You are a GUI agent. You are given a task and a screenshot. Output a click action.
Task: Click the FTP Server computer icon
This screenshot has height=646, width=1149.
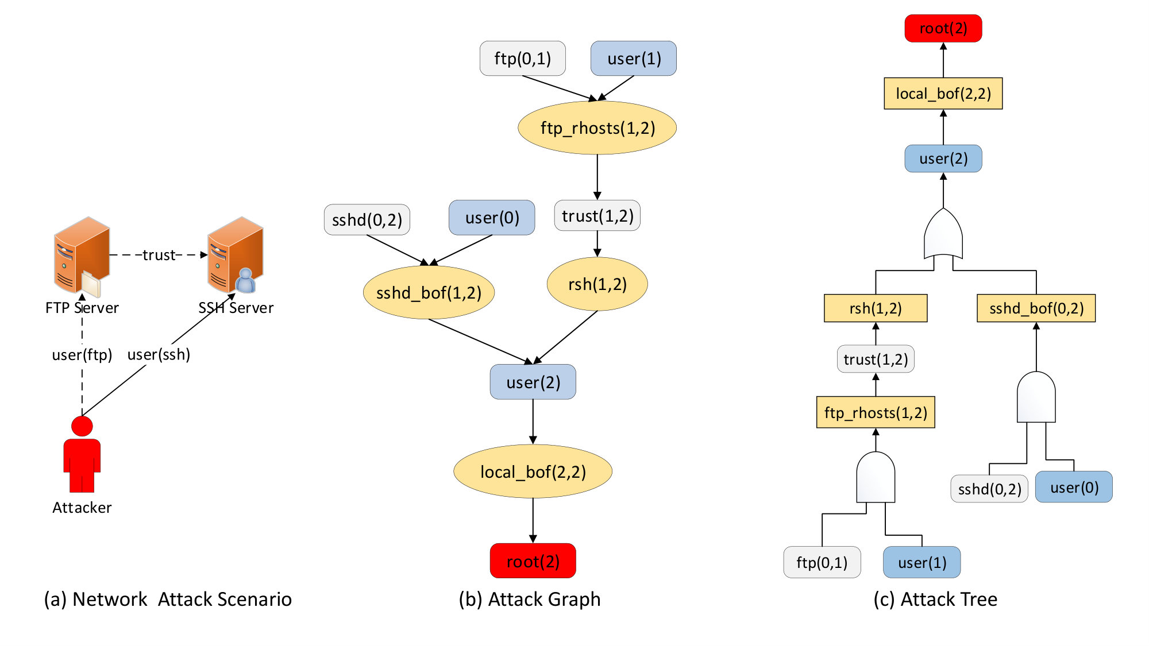81,256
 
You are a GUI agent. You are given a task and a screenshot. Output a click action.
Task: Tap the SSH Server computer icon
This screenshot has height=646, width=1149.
236,255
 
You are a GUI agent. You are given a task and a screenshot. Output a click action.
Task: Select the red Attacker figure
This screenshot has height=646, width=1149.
82,454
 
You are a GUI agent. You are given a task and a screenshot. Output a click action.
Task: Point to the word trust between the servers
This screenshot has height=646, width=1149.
159,255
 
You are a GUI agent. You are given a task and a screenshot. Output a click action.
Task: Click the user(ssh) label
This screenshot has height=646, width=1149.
159,354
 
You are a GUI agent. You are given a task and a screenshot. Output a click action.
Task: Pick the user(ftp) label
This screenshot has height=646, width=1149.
82,355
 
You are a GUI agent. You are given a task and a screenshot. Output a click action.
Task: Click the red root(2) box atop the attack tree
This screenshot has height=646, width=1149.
943,28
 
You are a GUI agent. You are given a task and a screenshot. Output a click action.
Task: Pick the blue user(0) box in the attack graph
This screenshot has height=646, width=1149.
492,218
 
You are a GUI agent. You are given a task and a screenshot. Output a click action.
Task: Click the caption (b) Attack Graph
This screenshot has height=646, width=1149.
530,599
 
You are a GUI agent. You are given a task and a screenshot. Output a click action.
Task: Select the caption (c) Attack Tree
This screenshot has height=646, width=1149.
935,599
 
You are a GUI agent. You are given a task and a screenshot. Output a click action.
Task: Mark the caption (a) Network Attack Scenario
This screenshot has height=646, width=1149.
168,599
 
